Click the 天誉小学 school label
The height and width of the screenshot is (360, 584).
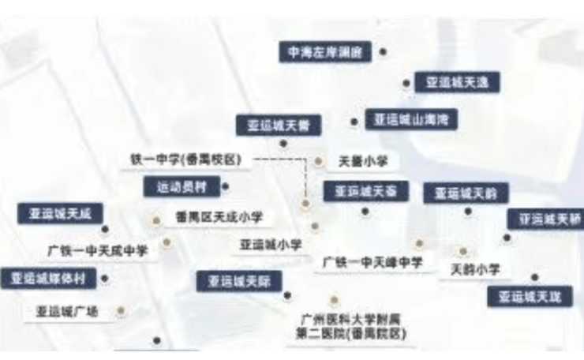click(x=363, y=161)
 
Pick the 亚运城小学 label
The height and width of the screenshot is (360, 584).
click(x=271, y=246)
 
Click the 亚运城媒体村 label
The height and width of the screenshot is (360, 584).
click(x=48, y=278)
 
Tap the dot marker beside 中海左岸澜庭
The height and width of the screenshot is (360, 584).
click(x=383, y=53)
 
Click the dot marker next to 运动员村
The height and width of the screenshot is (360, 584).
click(x=226, y=187)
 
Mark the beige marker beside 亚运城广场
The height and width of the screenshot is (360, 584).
click(x=121, y=311)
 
